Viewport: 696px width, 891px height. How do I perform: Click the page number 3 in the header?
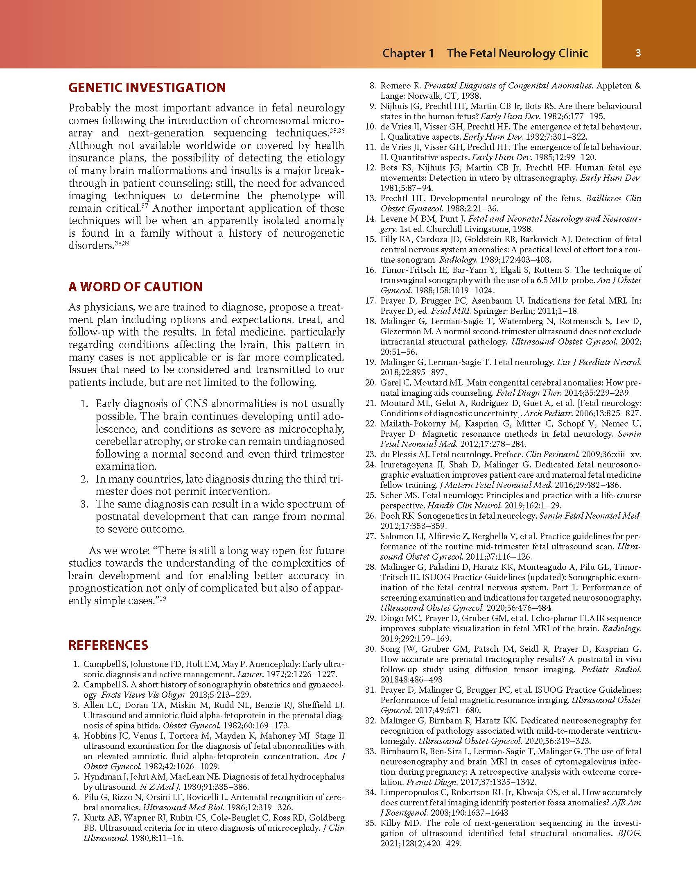[638, 53]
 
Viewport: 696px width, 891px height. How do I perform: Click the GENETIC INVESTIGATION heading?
[147, 88]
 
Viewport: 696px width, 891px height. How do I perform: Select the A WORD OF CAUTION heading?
[135, 286]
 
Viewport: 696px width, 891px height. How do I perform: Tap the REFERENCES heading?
[108, 645]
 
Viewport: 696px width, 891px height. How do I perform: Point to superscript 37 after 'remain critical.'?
[145, 206]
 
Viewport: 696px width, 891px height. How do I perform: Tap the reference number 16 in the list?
[371, 270]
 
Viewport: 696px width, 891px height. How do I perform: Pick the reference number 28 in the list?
[371, 567]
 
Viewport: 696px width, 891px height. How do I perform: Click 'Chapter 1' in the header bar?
[408, 53]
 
